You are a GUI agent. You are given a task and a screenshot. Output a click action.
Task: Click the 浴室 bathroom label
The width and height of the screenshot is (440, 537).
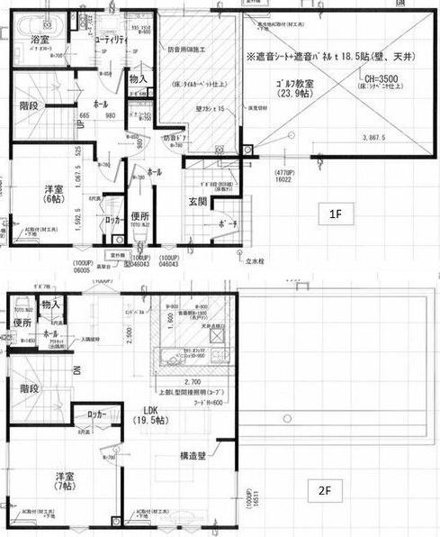coord(39,41)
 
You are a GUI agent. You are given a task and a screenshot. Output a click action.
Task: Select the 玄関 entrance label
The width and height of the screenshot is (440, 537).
coord(199,203)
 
